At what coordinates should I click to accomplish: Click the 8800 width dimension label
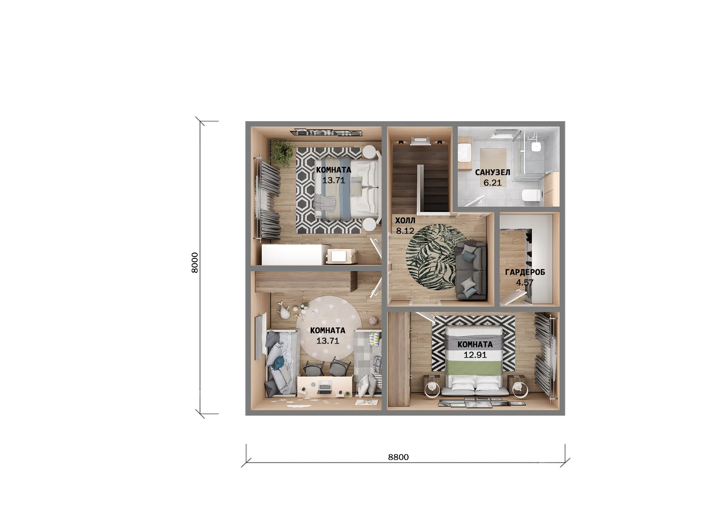(398, 457)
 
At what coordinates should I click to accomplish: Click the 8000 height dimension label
(195, 262)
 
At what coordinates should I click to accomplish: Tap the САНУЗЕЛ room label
(492, 173)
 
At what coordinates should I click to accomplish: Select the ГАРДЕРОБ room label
(525, 272)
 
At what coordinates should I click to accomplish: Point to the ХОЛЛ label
(405, 221)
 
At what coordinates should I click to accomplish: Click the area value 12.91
(475, 355)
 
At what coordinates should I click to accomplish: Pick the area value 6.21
(492, 183)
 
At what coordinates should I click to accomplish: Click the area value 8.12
(405, 231)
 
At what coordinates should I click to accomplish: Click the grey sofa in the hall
(470, 270)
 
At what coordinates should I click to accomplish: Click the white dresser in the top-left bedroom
(292, 254)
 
